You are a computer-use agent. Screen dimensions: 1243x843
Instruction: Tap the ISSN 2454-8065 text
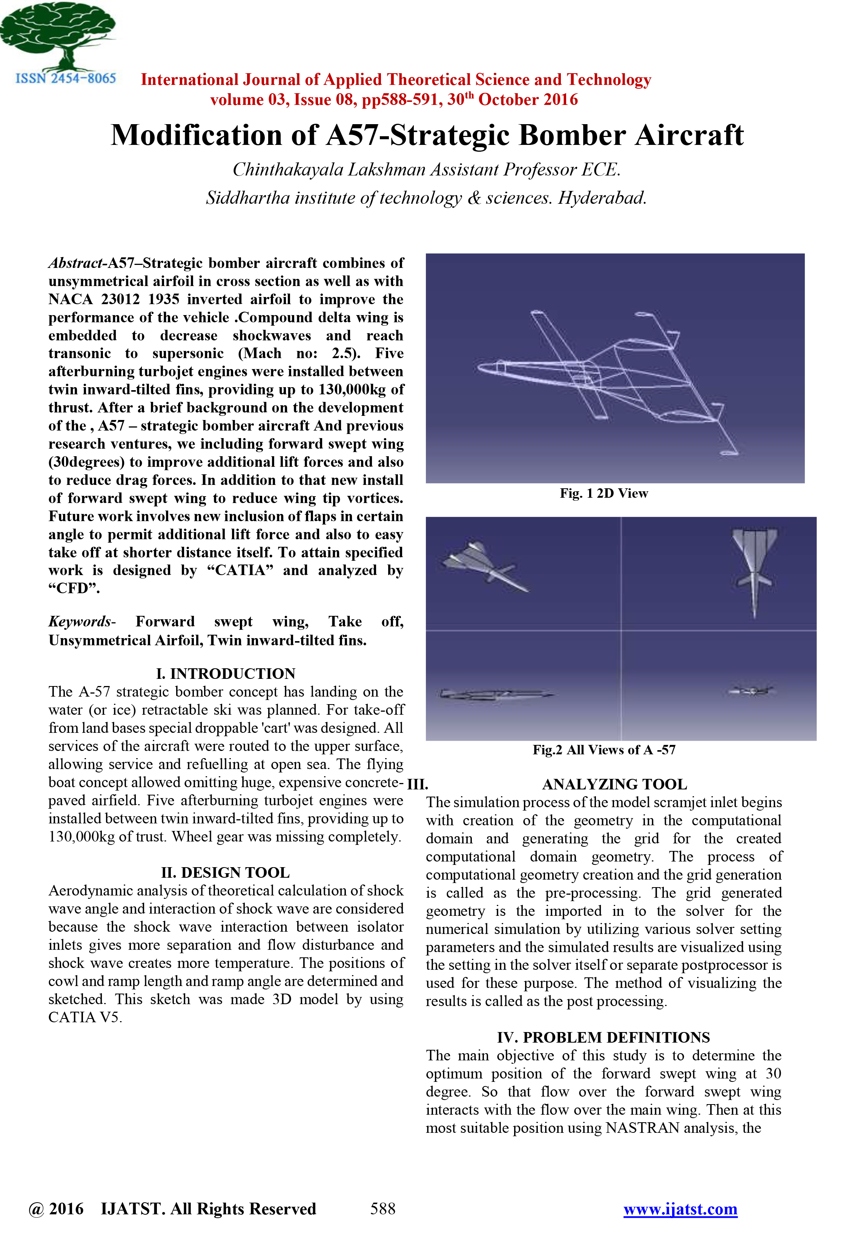click(65, 78)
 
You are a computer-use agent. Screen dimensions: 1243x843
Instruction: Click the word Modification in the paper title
click(196, 135)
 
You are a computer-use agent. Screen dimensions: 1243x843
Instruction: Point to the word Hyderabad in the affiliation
click(602, 198)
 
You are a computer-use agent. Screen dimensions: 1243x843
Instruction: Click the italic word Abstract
click(75, 263)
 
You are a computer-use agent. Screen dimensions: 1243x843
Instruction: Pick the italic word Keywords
click(80, 621)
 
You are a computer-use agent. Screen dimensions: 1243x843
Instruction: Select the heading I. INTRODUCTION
click(226, 673)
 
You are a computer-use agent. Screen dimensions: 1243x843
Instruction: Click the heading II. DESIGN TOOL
click(225, 872)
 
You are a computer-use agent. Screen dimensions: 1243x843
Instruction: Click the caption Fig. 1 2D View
click(603, 493)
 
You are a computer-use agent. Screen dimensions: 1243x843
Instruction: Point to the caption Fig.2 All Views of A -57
click(603, 749)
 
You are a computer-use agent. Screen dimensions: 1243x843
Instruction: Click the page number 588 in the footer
click(383, 1209)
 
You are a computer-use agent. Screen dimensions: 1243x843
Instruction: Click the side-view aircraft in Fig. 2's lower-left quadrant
click(494, 695)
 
